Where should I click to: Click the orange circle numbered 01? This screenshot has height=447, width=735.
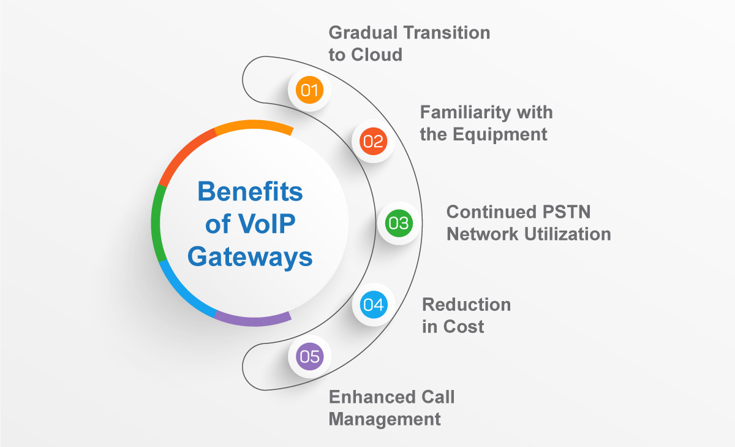click(309, 91)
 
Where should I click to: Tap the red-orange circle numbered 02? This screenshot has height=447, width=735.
click(372, 142)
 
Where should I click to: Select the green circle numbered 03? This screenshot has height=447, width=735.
click(398, 223)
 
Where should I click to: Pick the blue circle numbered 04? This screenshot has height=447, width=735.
click(373, 305)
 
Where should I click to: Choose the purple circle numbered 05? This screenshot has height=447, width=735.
click(309, 356)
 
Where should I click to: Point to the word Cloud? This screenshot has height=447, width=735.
click(377, 55)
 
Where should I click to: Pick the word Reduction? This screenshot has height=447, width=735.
click(466, 304)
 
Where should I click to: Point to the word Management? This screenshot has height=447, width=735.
click(385, 419)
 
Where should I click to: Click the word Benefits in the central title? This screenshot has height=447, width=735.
click(250, 192)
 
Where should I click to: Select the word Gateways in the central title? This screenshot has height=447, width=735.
click(250, 257)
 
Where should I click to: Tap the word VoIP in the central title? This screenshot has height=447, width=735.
click(264, 224)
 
